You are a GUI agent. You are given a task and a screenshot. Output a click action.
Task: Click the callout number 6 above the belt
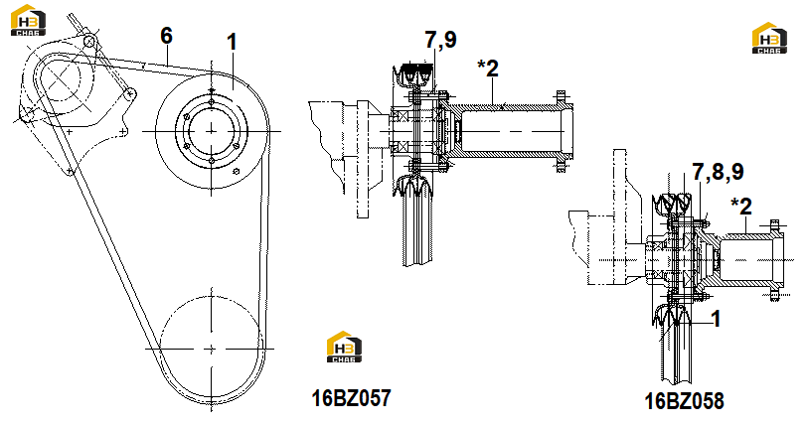click(166, 36)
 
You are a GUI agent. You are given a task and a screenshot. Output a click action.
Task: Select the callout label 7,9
click(440, 40)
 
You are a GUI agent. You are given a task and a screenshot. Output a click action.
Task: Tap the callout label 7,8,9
click(718, 172)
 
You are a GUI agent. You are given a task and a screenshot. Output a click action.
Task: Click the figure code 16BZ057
click(352, 397)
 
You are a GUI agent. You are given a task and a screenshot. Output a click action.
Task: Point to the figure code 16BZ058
click(684, 401)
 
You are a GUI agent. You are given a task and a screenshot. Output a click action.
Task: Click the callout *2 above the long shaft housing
click(488, 69)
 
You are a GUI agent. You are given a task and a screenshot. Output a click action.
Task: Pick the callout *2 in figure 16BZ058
click(741, 207)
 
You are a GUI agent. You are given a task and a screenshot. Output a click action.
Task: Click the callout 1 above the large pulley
click(233, 42)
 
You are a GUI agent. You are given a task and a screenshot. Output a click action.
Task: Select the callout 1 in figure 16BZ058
click(715, 319)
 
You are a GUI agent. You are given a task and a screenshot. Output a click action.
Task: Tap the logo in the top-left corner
click(28, 21)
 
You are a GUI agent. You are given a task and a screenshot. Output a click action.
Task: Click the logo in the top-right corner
click(769, 38)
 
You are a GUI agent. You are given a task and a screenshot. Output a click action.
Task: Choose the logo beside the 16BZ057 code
click(344, 347)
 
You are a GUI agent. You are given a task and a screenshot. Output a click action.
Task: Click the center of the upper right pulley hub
click(211, 131)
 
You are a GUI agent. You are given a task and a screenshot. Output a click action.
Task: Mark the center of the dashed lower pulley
click(211, 349)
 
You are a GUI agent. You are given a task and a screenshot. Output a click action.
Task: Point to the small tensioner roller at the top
click(90, 40)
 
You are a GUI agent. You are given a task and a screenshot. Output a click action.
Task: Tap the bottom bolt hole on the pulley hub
click(212, 161)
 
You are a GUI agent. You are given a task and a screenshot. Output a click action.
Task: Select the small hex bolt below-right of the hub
click(237, 171)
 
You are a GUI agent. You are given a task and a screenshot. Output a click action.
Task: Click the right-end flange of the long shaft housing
click(561, 131)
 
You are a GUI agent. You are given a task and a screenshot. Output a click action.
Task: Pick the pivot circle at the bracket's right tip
click(130, 93)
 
